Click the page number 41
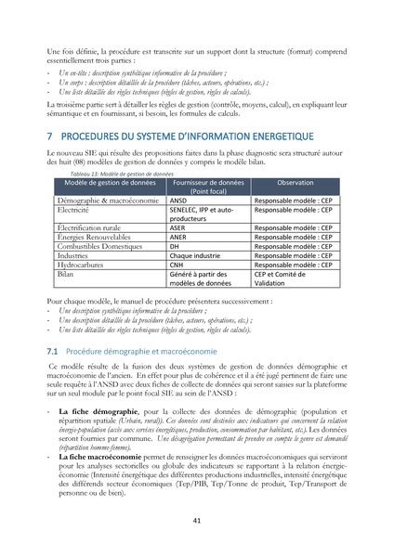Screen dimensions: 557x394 point(197,521)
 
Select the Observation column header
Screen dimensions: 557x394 point(295,183)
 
